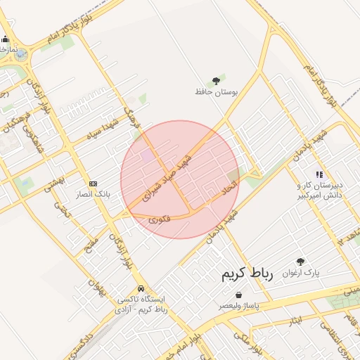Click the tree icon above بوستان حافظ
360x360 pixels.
[216, 81]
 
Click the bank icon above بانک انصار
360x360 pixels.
[94, 183]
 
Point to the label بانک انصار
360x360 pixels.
[93, 193]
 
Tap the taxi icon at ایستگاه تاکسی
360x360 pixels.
[141, 288]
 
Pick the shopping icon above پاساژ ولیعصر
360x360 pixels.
[239, 295]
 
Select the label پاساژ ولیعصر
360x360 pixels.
[238, 306]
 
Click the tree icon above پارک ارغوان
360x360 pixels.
[301, 261]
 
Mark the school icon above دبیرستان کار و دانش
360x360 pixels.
[319, 174]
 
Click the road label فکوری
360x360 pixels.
[160, 219]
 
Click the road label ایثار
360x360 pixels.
[296, 320]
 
